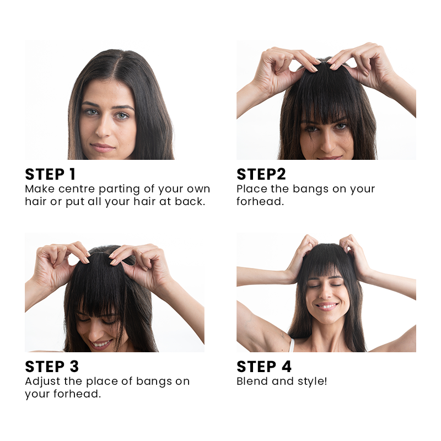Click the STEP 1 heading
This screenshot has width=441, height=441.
pos(50,174)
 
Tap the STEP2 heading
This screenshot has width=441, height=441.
pos(261,174)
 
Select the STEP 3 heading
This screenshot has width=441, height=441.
pos(52,367)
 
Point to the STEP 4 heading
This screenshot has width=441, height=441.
pos(264,367)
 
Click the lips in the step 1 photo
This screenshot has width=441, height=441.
pos(103,147)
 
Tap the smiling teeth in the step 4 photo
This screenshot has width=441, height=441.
pos(327,306)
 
